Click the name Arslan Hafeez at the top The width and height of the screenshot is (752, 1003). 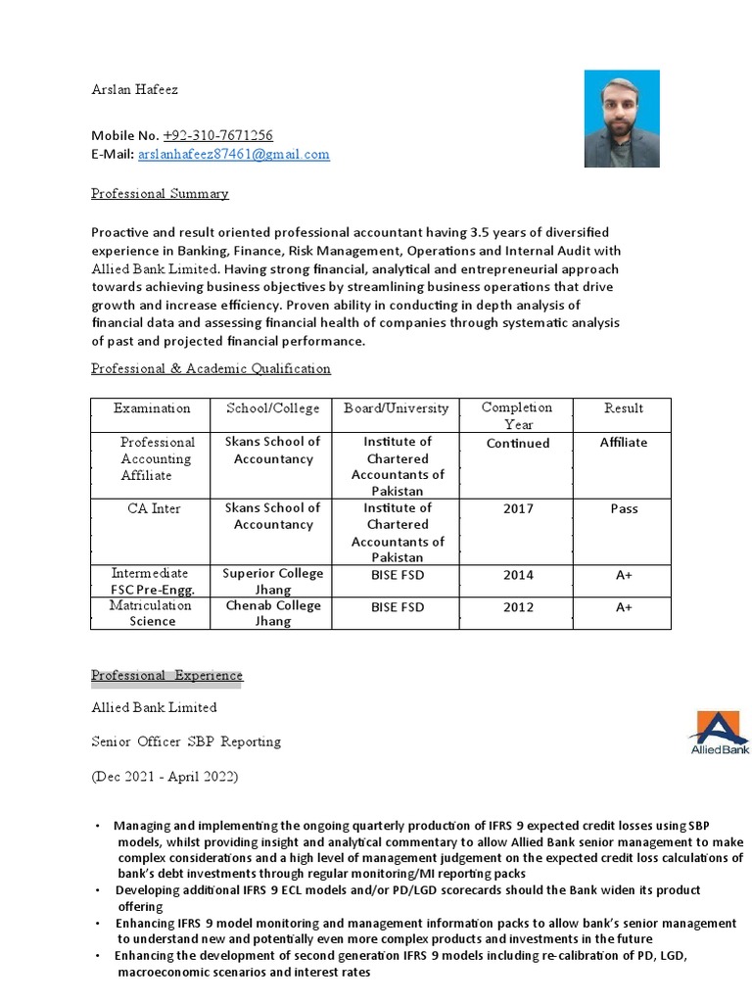(x=135, y=89)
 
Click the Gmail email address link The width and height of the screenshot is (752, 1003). (x=233, y=154)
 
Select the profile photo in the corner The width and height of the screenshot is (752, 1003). (x=622, y=119)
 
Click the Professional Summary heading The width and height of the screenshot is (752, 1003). (x=160, y=193)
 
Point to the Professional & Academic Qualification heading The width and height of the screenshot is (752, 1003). (x=211, y=368)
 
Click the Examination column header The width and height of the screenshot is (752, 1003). (x=152, y=407)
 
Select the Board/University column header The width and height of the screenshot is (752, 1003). (x=396, y=407)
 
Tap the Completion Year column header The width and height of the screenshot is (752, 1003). (x=517, y=415)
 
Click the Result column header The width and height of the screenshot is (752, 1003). (x=624, y=407)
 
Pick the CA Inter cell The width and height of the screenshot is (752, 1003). (x=152, y=508)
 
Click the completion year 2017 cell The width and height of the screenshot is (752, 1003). (x=518, y=509)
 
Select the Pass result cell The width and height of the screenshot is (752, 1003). (x=624, y=509)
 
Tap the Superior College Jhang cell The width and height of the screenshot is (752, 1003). (x=272, y=581)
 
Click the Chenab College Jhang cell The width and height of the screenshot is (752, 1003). (x=272, y=613)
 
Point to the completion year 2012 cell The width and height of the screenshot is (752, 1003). (x=518, y=607)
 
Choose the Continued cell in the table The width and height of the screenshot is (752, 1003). (x=518, y=443)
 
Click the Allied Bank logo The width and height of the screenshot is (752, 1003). (x=718, y=734)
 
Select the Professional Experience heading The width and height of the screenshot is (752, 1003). (x=166, y=676)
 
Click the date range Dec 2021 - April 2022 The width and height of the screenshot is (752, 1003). (x=164, y=777)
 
